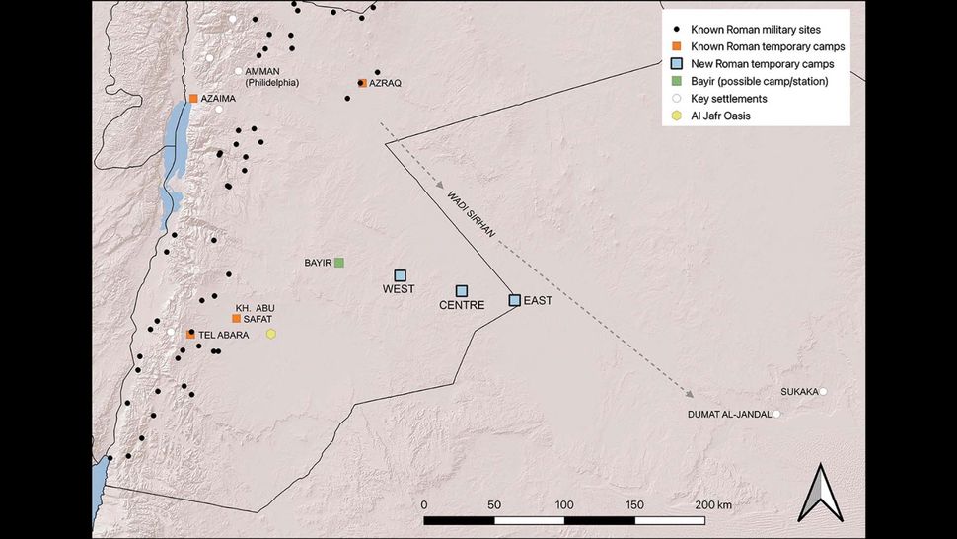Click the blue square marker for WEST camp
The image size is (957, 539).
[x=401, y=275]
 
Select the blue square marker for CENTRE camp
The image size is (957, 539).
[x=461, y=290]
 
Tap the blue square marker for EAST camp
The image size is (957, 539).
[x=514, y=299]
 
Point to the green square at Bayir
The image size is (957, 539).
[x=338, y=263]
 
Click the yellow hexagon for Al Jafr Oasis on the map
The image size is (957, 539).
[x=271, y=335]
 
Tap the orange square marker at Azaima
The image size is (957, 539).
[x=193, y=99]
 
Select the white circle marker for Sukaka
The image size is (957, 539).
[x=824, y=392]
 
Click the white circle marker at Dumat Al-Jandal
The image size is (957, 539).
[x=776, y=415]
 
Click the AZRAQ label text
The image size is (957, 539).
[x=385, y=84]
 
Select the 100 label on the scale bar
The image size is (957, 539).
[x=563, y=504]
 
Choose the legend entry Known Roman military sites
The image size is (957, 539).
[x=763, y=30]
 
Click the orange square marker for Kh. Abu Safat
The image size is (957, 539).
[x=236, y=319]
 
